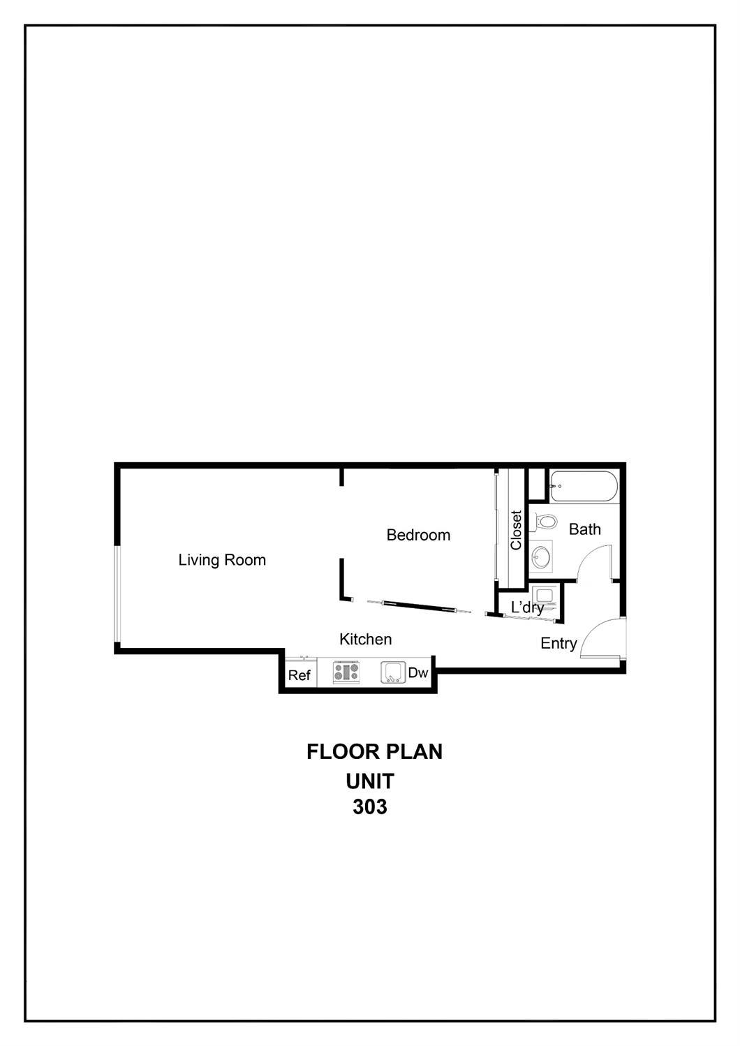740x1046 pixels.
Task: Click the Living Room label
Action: click(x=222, y=560)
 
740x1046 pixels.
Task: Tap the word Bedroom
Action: click(x=418, y=535)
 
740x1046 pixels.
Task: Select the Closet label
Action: click(x=517, y=530)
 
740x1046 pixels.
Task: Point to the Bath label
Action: click(x=584, y=529)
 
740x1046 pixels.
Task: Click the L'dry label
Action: click(x=527, y=607)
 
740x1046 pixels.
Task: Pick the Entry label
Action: click(x=558, y=644)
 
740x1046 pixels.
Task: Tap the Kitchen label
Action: click(x=365, y=639)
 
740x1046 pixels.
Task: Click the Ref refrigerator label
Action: click(x=299, y=675)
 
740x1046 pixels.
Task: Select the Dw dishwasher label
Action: click(x=417, y=673)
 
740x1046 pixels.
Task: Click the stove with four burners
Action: click(x=346, y=672)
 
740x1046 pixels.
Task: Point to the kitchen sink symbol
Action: click(x=392, y=672)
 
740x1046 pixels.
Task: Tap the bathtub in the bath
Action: click(x=584, y=486)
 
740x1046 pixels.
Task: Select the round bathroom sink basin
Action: click(x=540, y=557)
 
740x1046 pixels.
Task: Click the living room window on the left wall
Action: click(x=118, y=594)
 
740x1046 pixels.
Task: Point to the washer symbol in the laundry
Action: click(x=542, y=596)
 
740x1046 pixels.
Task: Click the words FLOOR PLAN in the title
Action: click(x=374, y=752)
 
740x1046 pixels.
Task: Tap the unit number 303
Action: click(x=370, y=807)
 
